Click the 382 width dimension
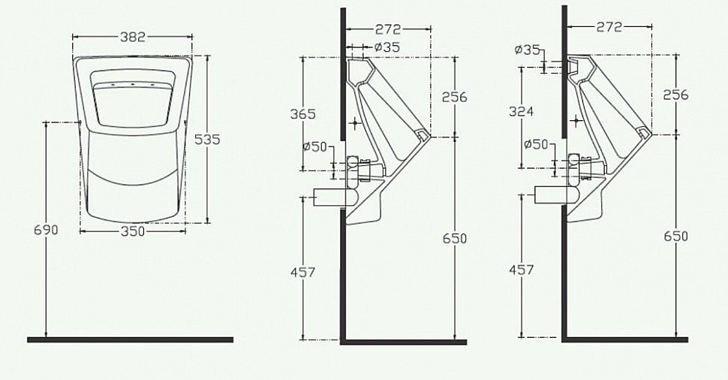[x=132, y=37]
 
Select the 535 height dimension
[x=207, y=139]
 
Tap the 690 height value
[x=46, y=230]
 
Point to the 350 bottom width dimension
[x=132, y=232]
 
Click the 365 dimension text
[x=303, y=114]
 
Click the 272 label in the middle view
[x=387, y=29]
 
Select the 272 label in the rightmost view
[x=609, y=27]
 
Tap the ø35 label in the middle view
[x=387, y=47]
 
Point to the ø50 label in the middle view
[x=314, y=146]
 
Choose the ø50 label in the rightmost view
[x=536, y=143]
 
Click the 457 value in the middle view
[x=302, y=272]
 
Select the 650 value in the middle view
[x=454, y=238]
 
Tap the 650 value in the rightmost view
[x=675, y=236]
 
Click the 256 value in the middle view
[x=454, y=97]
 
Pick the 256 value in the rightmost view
[x=675, y=95]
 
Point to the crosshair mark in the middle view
[x=356, y=122]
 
